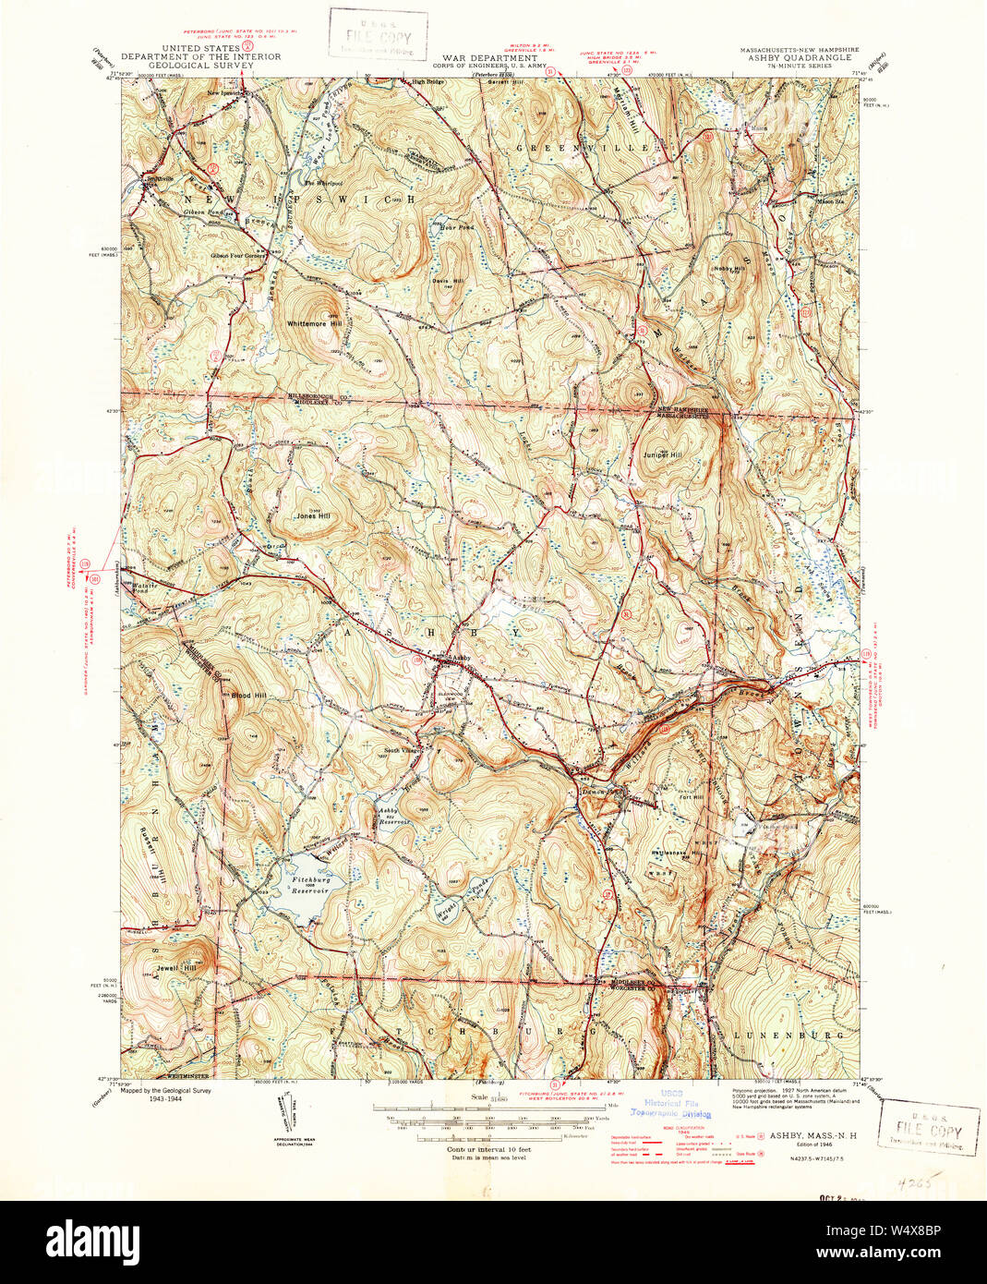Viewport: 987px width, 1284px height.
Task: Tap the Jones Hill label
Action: (312, 516)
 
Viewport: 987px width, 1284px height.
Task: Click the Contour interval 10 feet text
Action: (487, 1149)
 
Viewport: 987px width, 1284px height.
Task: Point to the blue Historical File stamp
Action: (672, 1105)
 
